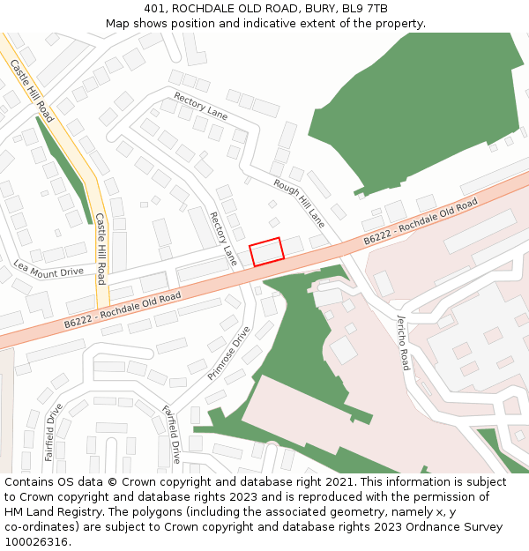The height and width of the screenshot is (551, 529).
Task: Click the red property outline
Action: tap(267, 251)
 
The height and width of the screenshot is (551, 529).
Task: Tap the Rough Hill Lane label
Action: tap(299, 200)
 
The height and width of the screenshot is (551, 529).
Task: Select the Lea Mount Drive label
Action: tap(48, 268)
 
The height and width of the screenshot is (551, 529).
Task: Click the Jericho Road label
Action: tap(403, 342)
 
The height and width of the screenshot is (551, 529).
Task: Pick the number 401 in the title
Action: tap(155, 9)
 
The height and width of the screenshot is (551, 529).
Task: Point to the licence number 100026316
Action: tap(36, 541)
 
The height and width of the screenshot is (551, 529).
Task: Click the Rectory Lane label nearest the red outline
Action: tap(223, 238)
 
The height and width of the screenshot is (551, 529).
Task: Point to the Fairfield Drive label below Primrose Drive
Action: tap(170, 434)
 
